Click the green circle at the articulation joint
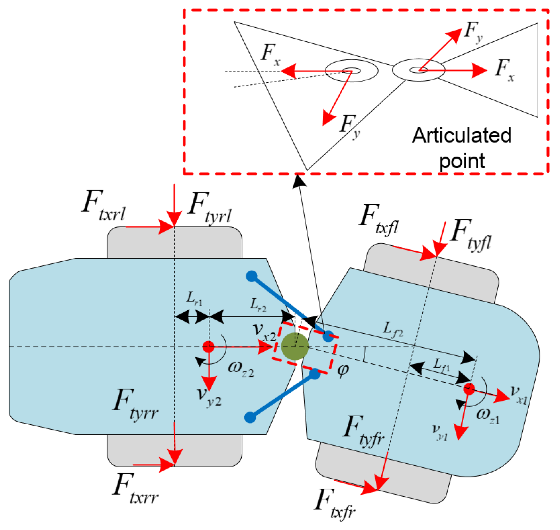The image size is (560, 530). [x=295, y=346]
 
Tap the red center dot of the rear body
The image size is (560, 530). [x=208, y=347]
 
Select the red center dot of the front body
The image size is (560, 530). [x=469, y=389]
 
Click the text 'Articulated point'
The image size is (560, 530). [x=462, y=148]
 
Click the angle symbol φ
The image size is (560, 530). [x=343, y=370]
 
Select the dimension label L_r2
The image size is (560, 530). [x=258, y=305]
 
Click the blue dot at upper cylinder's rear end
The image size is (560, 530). [x=251, y=276]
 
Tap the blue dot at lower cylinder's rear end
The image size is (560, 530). [x=250, y=417]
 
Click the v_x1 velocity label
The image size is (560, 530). [x=518, y=395]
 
